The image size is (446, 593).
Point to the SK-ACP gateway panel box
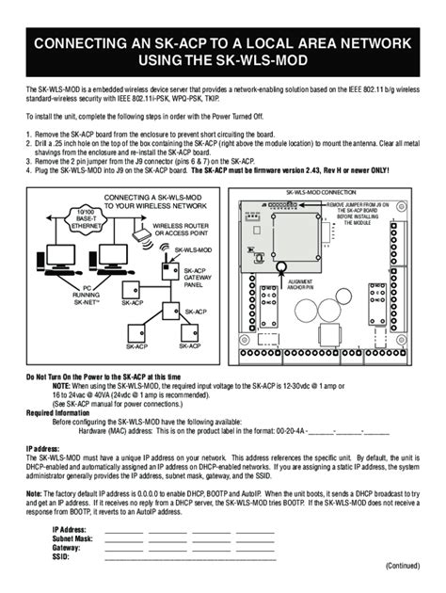(x=170, y=273)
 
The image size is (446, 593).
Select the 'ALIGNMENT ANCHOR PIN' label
(x=300, y=283)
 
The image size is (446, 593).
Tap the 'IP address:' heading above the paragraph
(x=43, y=450)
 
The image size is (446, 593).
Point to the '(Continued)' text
(x=405, y=566)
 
